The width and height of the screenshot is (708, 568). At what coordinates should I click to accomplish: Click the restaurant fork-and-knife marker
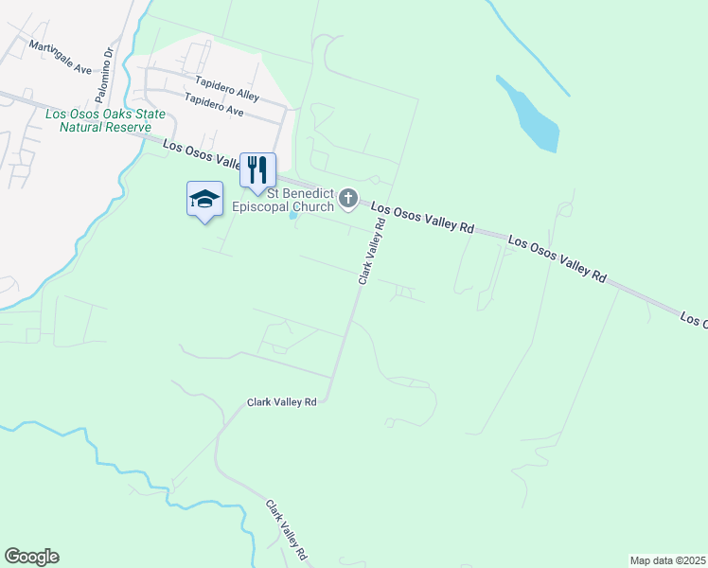[x=257, y=170]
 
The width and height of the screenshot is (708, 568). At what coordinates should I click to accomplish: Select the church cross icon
[x=348, y=199]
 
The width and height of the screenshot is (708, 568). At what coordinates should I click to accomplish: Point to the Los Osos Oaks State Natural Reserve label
[x=105, y=120]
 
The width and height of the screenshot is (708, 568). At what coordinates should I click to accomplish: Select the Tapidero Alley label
[x=227, y=89]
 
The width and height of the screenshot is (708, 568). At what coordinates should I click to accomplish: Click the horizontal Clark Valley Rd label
[x=281, y=402]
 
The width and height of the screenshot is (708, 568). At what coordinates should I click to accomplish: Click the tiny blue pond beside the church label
[x=293, y=215]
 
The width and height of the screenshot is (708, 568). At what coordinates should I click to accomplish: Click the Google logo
[x=31, y=557]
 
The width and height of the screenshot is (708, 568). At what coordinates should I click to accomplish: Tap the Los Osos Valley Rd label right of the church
[x=422, y=218]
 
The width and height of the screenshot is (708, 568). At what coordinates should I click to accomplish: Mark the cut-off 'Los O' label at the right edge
[x=693, y=320]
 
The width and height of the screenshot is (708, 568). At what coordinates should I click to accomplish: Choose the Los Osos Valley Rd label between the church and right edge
[x=557, y=257]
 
